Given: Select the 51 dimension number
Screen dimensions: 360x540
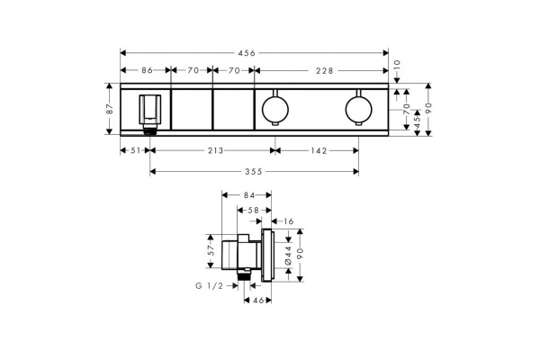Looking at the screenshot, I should tap(135, 151).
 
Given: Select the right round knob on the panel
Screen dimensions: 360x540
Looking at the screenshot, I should tap(358, 111).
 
